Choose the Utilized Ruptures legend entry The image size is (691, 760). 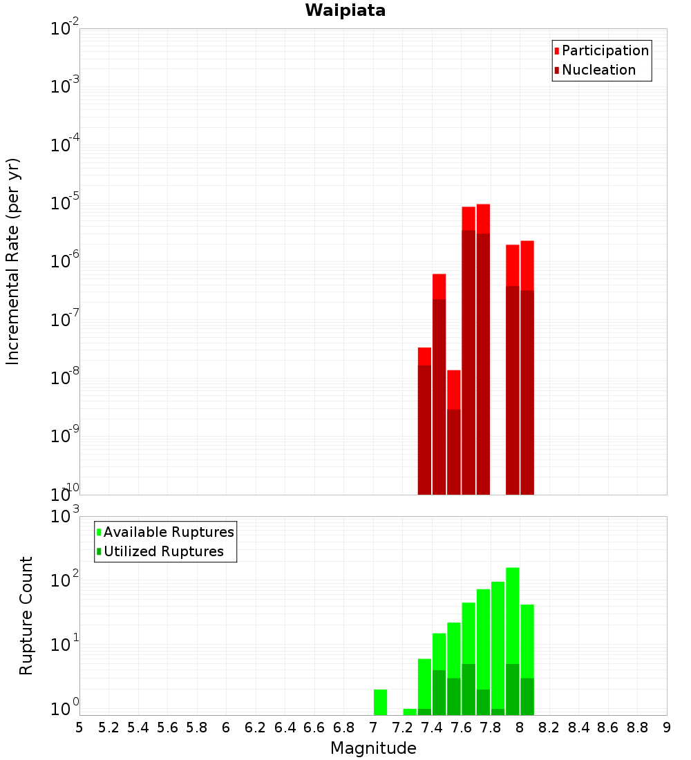(163, 551)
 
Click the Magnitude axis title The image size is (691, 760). (373, 748)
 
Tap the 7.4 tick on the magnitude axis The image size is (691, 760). (432, 728)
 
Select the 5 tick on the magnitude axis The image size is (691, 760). (79, 728)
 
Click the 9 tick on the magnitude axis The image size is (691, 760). (667, 728)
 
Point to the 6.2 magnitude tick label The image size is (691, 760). (256, 728)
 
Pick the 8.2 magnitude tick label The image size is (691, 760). (549, 728)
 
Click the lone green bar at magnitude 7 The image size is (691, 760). (380, 701)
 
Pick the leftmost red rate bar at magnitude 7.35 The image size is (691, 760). (424, 421)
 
